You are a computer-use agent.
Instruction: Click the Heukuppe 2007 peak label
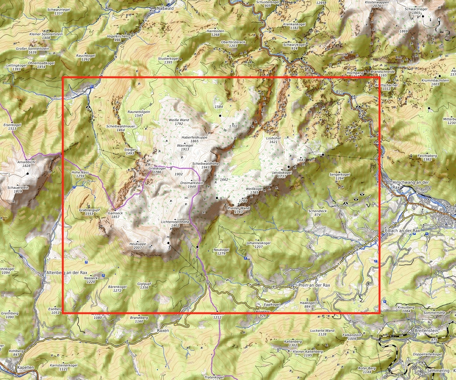[137, 246]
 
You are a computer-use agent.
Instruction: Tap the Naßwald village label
[165, 8]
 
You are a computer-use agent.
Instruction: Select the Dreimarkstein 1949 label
[192, 184]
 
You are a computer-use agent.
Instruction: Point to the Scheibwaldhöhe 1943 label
[205, 165]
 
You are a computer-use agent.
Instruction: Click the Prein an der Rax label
[314, 286]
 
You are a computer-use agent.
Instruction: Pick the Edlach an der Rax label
[402, 231]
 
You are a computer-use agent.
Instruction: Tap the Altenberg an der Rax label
[67, 272]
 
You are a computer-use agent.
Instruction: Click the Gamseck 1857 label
[115, 215]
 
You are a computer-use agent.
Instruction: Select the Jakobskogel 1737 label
[282, 174]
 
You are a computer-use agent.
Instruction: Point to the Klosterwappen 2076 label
[377, 4]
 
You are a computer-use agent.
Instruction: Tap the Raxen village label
[163, 331]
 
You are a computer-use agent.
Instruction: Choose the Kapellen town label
[26, 367]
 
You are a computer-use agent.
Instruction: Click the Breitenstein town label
[426, 331]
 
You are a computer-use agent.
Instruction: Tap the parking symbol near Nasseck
[103, 276]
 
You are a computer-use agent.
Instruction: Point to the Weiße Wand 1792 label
[179, 122]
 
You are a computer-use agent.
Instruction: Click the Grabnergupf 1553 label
[89, 212]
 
